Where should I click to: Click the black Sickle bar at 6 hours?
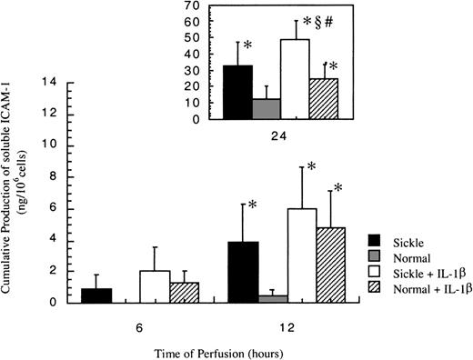(x=96, y=295)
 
